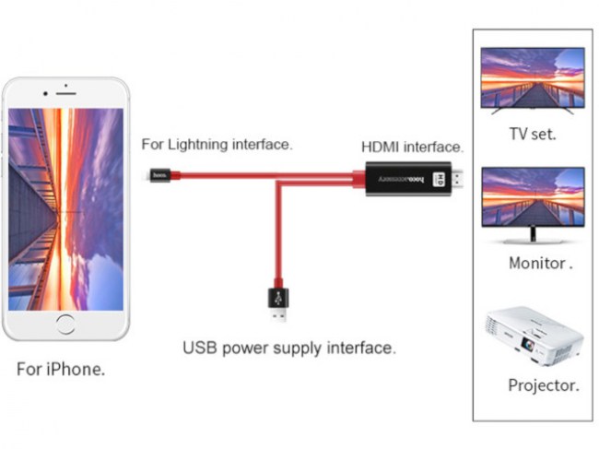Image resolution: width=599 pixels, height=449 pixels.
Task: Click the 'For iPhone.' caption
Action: click(61, 370)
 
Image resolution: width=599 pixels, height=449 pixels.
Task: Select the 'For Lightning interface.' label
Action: click(217, 145)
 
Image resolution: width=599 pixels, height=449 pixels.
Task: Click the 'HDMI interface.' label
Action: click(412, 147)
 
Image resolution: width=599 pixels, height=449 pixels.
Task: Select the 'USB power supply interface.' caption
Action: click(288, 349)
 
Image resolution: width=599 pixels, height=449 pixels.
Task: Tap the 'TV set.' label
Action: click(533, 134)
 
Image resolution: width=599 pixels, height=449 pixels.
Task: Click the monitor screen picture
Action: click(533, 197)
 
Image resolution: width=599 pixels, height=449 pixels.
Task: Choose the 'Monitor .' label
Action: click(540, 263)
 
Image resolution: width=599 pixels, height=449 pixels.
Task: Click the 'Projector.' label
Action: click(544, 385)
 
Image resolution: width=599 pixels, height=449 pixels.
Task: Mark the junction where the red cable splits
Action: click(279, 179)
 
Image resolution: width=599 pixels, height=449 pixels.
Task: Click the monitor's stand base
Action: click(533, 241)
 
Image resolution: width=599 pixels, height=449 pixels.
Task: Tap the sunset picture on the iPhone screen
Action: click(65, 207)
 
